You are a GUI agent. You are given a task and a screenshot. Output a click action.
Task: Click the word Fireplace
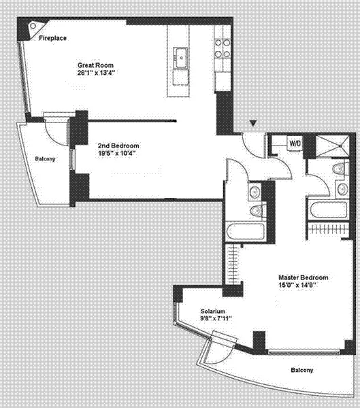[x=52, y=39]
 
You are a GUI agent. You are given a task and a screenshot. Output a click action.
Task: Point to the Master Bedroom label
[x=304, y=277]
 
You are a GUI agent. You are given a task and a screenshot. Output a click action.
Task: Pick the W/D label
[x=295, y=143]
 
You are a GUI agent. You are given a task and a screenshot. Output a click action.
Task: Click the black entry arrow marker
[x=253, y=123]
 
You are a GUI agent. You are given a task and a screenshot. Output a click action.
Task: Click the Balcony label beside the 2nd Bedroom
[x=45, y=159]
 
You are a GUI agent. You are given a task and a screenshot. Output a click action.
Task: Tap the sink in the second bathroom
[x=252, y=192]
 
